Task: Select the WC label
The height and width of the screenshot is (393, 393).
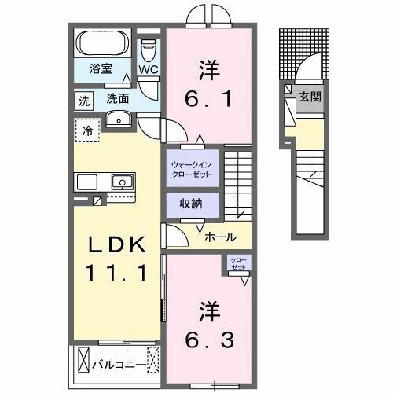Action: tap(148, 68)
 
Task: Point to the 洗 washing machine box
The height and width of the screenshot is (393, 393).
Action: tap(83, 100)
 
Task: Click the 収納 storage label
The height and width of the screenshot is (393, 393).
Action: tap(191, 204)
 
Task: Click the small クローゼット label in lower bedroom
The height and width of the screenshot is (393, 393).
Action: tap(237, 263)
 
